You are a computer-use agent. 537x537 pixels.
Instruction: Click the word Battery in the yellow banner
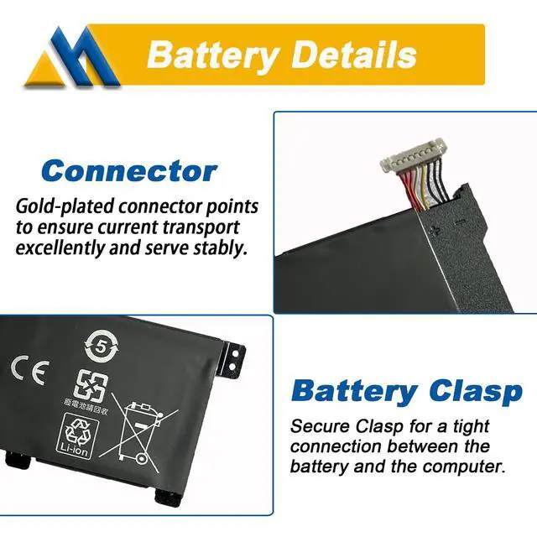212,55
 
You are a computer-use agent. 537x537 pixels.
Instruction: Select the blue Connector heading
129,171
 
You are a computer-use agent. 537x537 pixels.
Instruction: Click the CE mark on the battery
30,369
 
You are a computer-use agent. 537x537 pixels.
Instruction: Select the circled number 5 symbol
101,345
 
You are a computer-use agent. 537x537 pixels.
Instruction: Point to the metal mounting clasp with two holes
234,356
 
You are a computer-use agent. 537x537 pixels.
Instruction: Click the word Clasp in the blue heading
474,391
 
